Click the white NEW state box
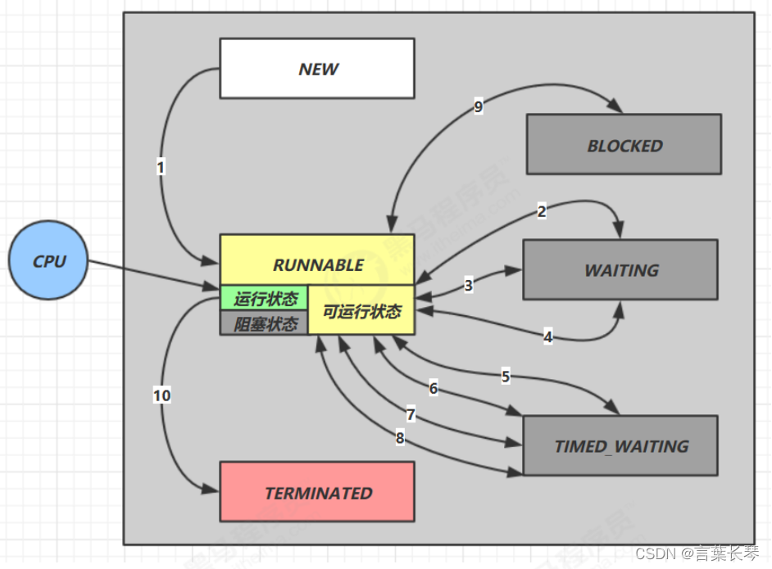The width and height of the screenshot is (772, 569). [317, 69]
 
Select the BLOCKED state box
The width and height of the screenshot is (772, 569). [624, 145]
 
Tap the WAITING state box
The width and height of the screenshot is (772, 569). [620, 269]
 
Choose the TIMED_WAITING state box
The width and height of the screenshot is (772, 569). [620, 446]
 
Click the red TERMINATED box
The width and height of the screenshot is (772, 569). [317, 492]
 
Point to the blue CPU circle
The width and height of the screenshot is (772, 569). [48, 262]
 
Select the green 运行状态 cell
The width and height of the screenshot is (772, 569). [265, 298]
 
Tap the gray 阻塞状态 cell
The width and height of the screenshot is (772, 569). [265, 323]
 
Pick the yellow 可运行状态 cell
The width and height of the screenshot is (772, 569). [361, 312]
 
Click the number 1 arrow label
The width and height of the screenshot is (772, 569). [161, 167]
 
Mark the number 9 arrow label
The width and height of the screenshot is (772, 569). [479, 106]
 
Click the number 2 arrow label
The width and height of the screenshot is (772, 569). [541, 212]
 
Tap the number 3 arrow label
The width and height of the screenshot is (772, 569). [468, 286]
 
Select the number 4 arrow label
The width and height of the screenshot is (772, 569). [548, 336]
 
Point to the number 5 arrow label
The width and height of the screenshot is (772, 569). [506, 377]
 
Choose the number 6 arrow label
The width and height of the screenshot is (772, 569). [434, 389]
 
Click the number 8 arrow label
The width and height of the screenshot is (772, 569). [400, 438]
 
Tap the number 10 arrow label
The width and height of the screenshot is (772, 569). [161, 395]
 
